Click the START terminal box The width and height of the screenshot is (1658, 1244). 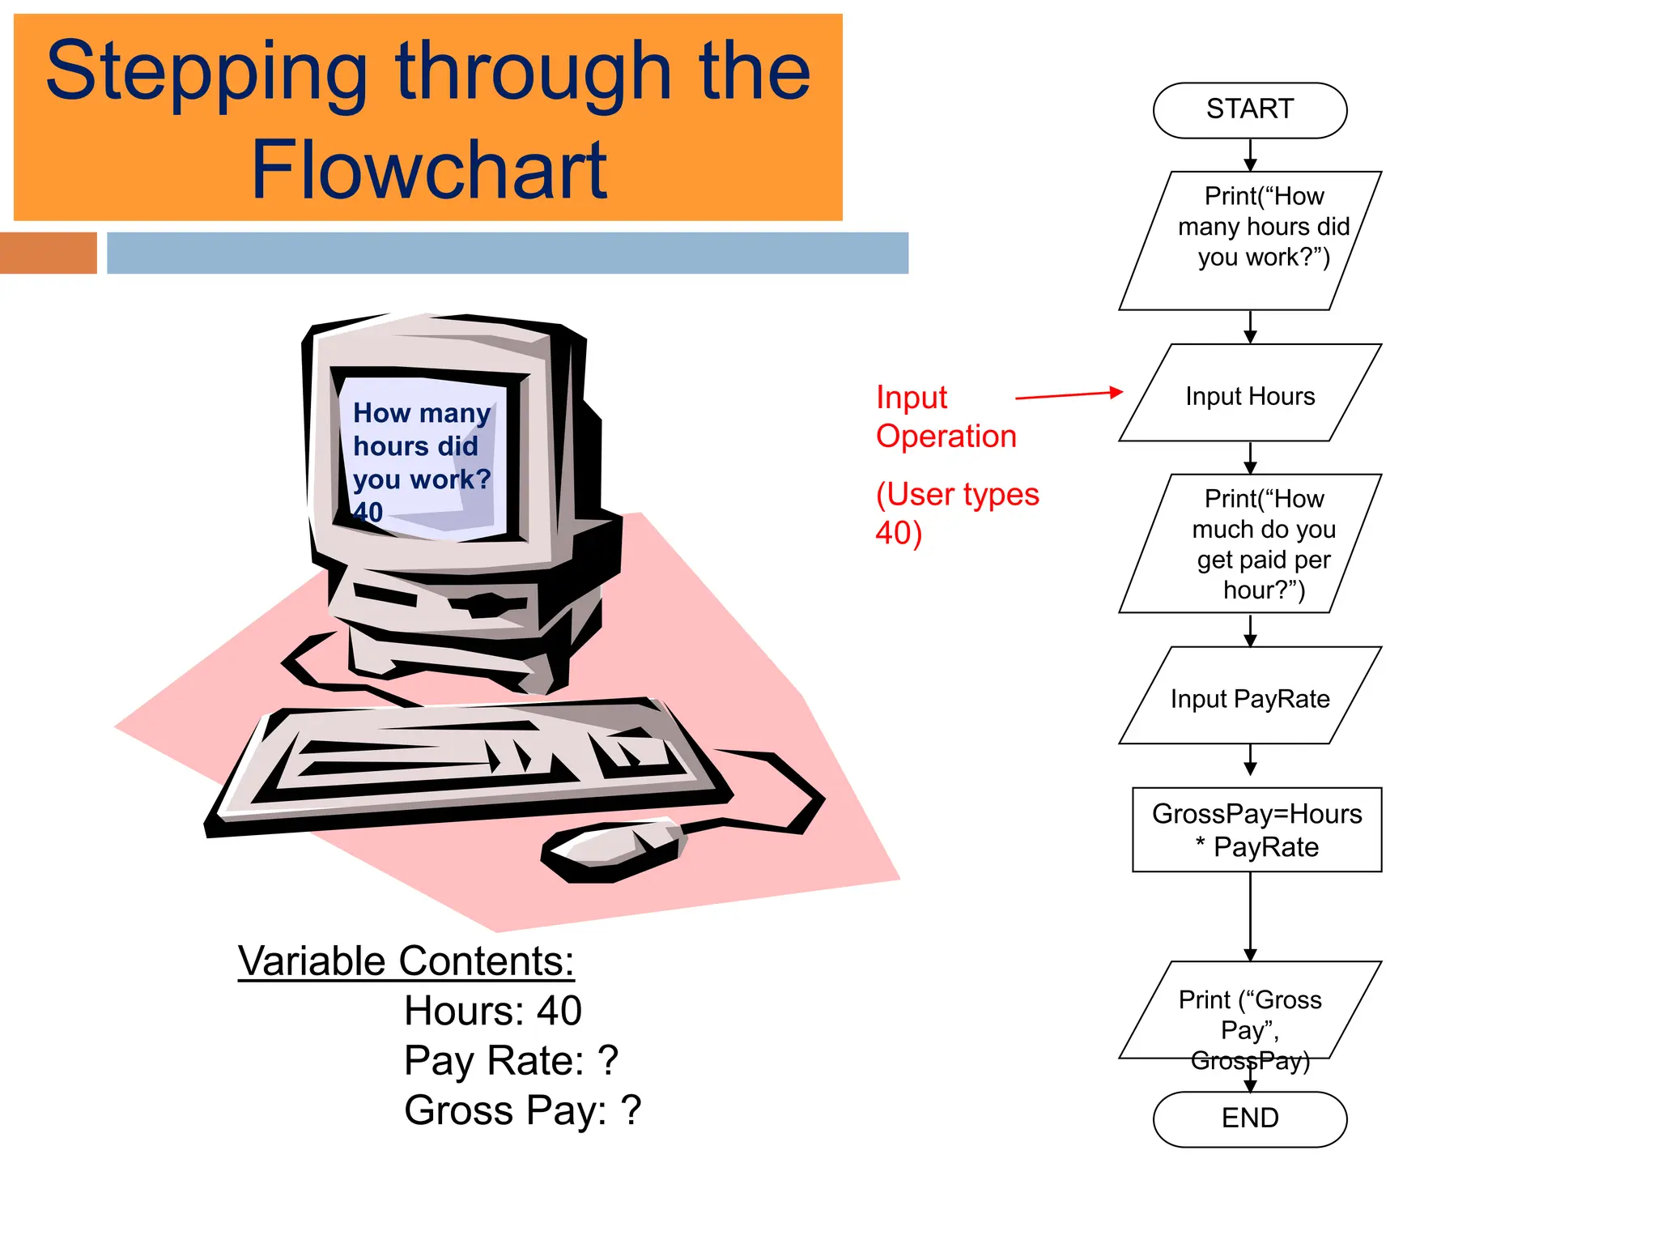tap(1249, 110)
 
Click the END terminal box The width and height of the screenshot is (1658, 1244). tap(1249, 1118)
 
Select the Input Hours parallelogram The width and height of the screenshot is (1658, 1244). tap(1249, 395)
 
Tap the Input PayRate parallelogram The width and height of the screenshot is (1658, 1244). tap(1249, 697)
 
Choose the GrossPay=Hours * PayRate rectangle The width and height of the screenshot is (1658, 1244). tap(1256, 829)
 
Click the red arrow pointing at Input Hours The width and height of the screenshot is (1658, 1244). tap(1069, 395)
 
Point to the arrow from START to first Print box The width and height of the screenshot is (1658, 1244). tap(1250, 155)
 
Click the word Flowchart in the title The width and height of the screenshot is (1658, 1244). tap(429, 170)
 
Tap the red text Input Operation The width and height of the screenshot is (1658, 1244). tap(945, 416)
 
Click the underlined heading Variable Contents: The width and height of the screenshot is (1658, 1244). tap(406, 961)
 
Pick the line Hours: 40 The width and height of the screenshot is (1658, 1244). tap(492, 1011)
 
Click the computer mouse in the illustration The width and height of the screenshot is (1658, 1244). tap(613, 850)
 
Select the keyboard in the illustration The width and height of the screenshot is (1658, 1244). tap(470, 761)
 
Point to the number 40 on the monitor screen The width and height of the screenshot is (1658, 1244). tap(368, 512)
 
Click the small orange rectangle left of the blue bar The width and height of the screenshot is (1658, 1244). tap(48, 253)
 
